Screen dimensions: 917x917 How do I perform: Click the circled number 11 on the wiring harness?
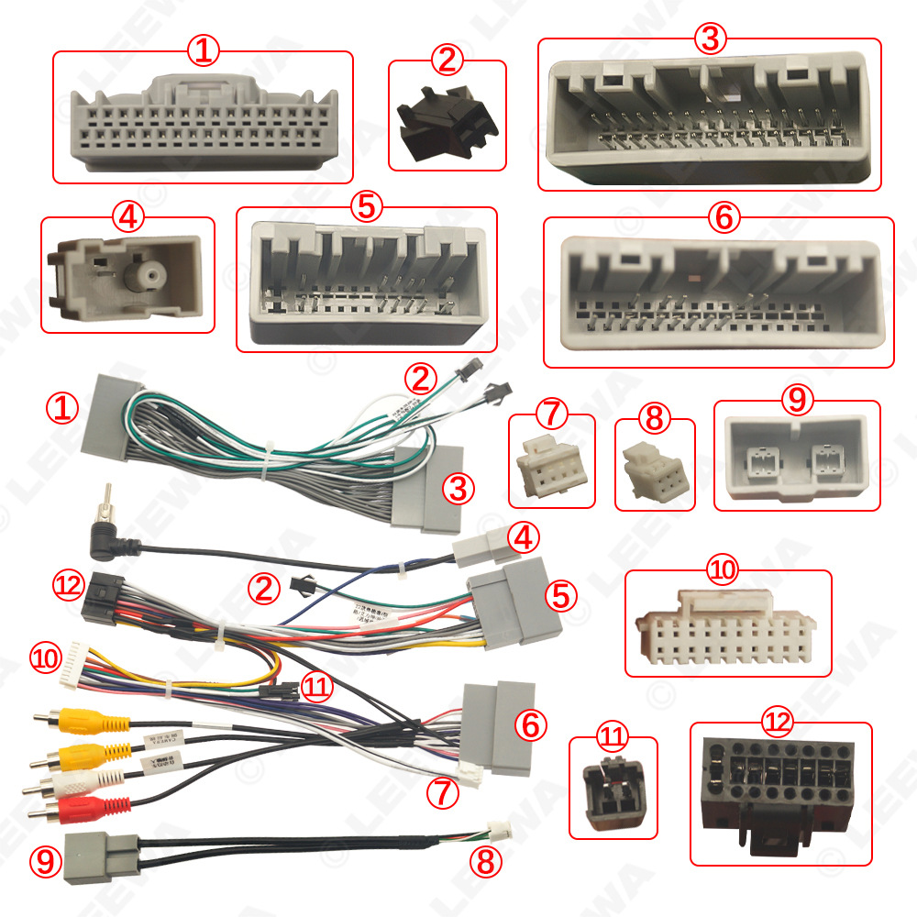tap(316, 688)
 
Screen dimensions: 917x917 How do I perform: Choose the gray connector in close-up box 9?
tap(796, 456)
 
